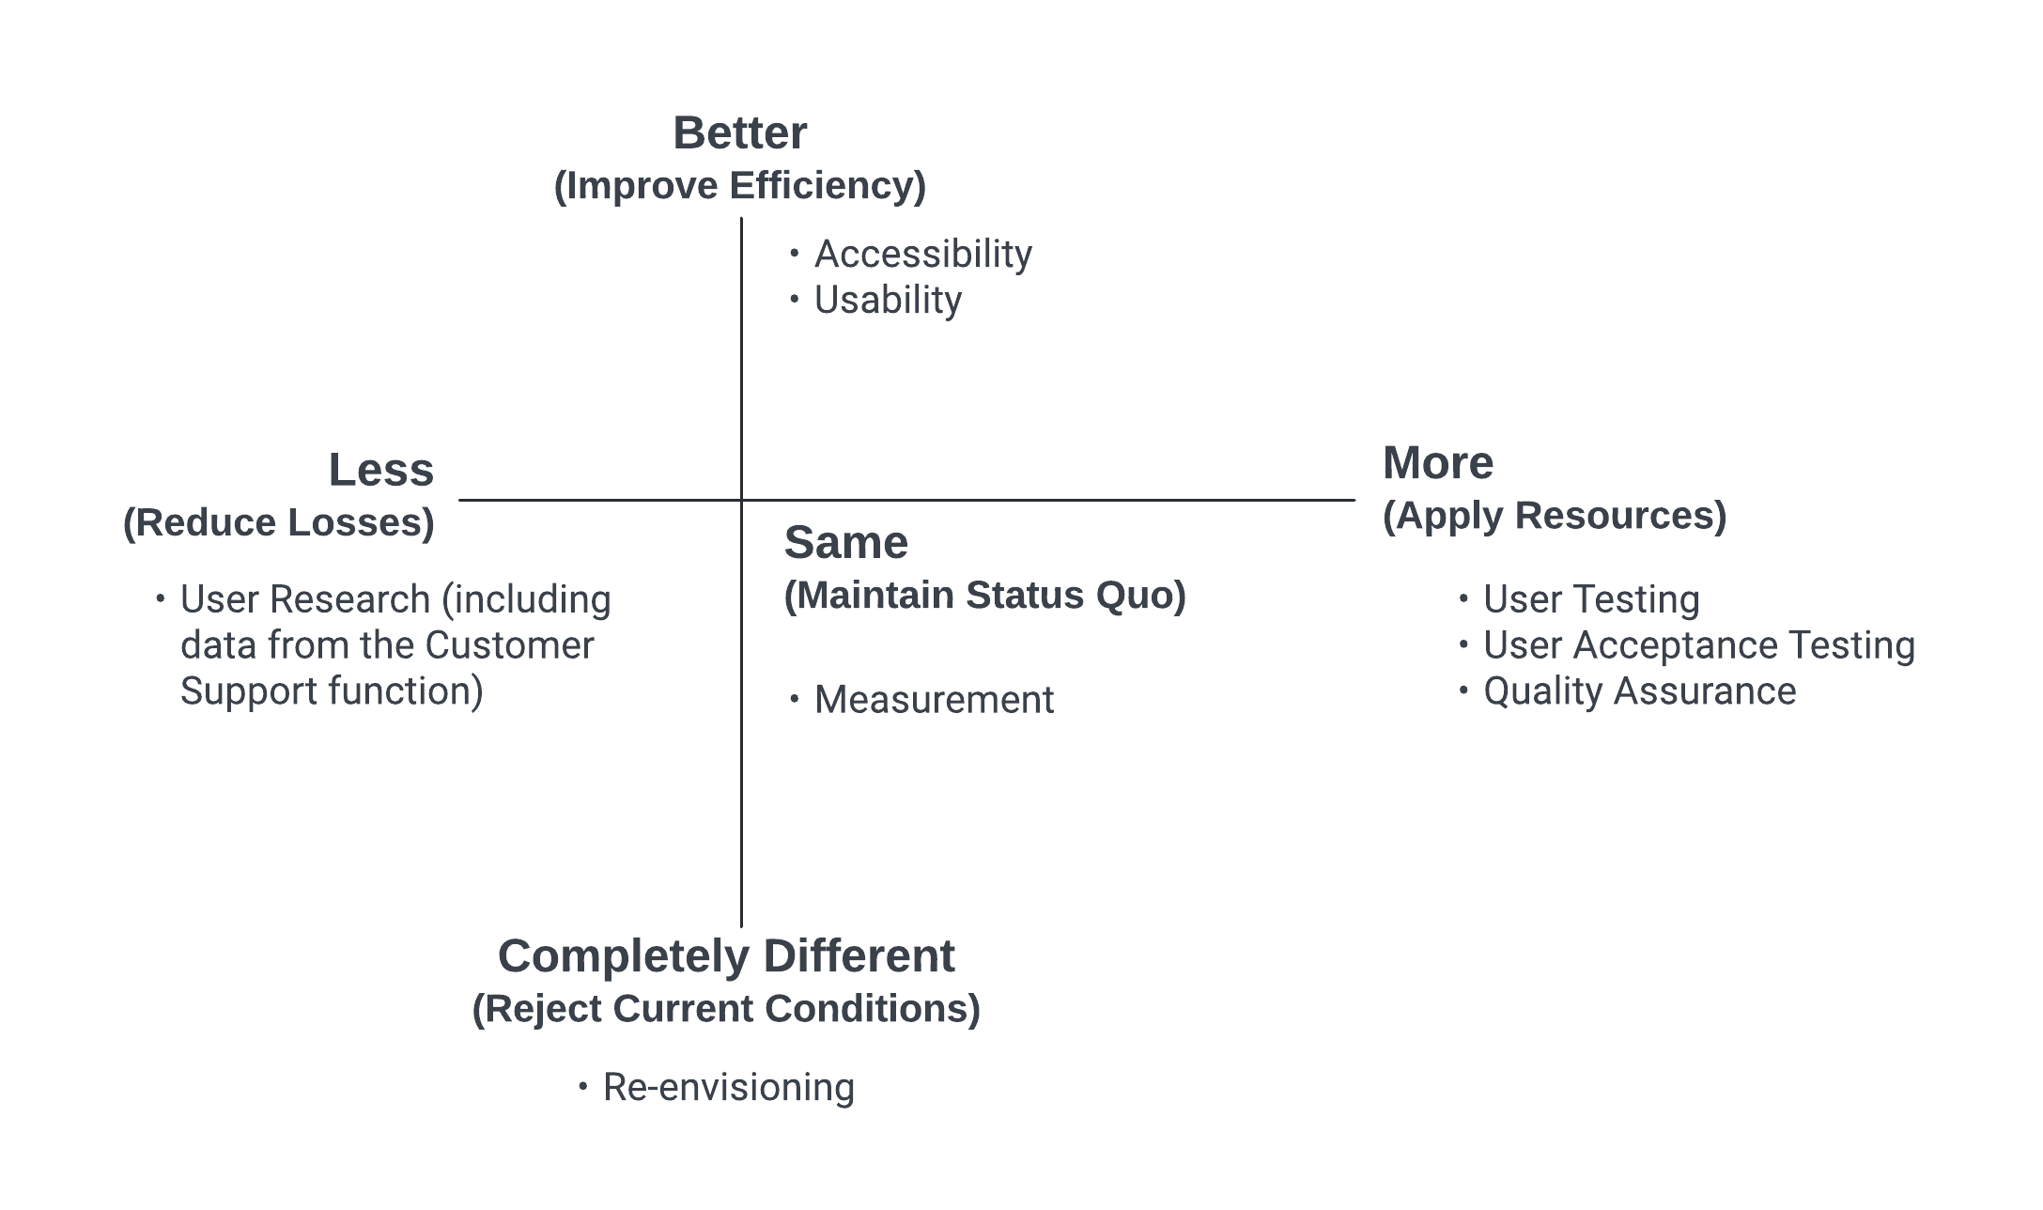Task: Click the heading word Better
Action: [740, 133]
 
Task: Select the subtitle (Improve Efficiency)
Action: [740, 186]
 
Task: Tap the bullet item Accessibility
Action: [923, 255]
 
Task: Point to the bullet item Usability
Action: [888, 301]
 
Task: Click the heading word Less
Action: [381, 470]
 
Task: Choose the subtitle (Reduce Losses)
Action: [279, 522]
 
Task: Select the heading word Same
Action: [846, 543]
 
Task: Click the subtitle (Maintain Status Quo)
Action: [985, 596]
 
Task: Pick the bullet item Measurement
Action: [934, 700]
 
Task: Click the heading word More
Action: [1438, 463]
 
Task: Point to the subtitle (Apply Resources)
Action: [1555, 516]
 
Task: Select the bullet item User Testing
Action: [1591, 599]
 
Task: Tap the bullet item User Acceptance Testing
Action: [1699, 645]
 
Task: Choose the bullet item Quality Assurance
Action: [1640, 691]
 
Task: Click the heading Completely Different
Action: [726, 956]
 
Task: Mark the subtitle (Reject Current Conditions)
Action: [726, 1009]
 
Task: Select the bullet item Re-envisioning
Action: [729, 1088]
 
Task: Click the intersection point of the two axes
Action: [741, 500]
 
